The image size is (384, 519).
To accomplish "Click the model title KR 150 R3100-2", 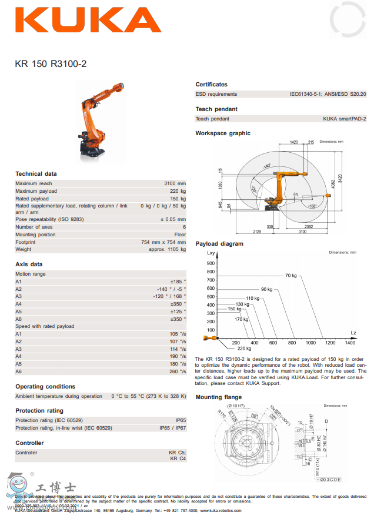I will (x=51, y=63).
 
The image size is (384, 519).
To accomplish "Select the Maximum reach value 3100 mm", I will (x=175, y=183).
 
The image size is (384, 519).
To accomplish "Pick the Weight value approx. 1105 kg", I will (x=167, y=249).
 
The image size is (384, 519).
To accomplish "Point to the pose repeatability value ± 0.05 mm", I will (x=173, y=219).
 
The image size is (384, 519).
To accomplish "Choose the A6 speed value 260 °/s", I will (x=177, y=371).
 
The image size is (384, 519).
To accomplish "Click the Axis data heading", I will (x=29, y=264).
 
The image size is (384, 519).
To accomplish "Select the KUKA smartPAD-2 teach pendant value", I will (x=344, y=118).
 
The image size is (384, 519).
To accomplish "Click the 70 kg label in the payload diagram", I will (x=291, y=275).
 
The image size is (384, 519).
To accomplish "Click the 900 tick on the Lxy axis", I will (x=211, y=263).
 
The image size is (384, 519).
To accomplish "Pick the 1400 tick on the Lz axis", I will (x=350, y=343).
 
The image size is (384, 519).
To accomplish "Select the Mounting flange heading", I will (x=218, y=397).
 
